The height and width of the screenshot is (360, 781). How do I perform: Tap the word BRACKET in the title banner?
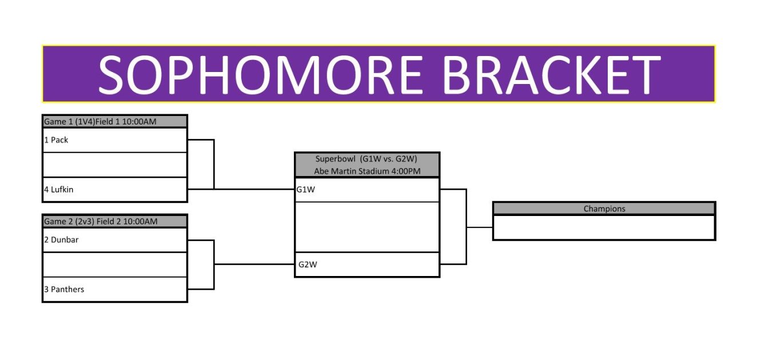[x=552, y=75]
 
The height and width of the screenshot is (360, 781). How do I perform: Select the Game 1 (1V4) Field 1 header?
[x=100, y=122]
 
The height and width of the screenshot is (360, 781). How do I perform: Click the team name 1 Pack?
[x=56, y=140]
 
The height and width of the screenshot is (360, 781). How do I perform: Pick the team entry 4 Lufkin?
[x=58, y=190]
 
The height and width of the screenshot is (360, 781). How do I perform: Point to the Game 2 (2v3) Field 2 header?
[x=101, y=221]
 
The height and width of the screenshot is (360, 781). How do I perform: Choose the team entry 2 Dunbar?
[x=61, y=240]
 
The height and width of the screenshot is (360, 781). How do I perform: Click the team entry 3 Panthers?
[x=64, y=289]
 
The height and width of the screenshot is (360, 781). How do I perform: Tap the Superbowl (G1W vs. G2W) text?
[x=366, y=159]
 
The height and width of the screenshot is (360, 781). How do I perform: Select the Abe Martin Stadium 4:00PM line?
[x=367, y=171]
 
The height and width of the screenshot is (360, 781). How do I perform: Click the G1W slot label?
[x=306, y=190]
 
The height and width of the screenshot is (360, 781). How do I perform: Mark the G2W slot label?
[x=308, y=265]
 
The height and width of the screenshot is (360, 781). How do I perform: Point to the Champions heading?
[x=604, y=209]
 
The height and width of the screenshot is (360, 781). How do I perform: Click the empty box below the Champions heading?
[x=604, y=227]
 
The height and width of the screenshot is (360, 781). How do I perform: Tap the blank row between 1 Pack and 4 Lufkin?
[x=115, y=165]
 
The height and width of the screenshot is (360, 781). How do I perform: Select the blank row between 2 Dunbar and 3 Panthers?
[x=115, y=265]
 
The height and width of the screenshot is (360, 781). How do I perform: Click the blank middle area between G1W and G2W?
[x=367, y=227]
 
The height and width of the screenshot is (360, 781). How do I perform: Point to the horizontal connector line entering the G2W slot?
[x=254, y=265]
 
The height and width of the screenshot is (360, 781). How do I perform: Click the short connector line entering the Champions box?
[x=480, y=227]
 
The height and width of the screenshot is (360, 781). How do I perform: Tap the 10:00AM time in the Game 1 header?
[x=139, y=122]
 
